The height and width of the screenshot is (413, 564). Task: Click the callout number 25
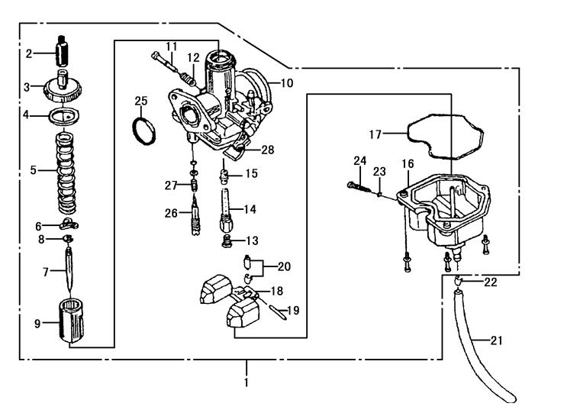(141, 101)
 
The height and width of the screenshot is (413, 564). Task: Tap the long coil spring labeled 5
(67, 173)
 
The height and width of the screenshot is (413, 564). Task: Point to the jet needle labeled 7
(69, 269)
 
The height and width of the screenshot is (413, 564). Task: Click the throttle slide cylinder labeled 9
(71, 320)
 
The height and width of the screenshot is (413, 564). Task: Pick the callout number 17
(375, 134)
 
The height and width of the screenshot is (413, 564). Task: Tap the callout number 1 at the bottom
(246, 382)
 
